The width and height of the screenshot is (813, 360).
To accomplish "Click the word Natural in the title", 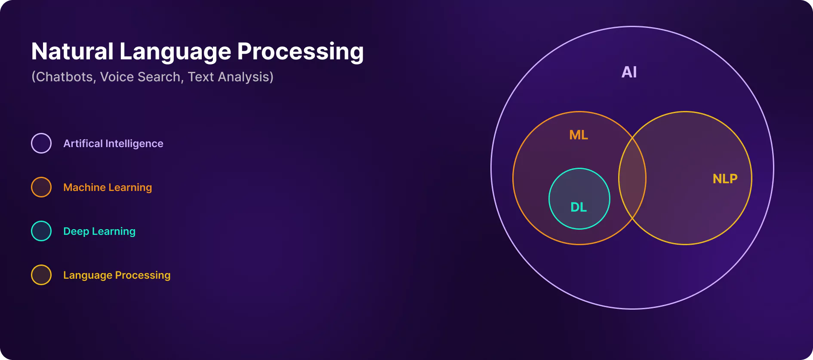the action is (x=72, y=51).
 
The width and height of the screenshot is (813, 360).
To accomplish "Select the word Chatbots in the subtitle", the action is (x=65, y=77).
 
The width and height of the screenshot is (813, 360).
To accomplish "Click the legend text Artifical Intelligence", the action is (x=113, y=144).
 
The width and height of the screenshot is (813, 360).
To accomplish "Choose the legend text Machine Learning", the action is (x=108, y=188).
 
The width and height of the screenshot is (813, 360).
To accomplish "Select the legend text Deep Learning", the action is (x=99, y=231).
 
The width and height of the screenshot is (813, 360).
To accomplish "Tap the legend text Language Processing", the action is (x=117, y=275).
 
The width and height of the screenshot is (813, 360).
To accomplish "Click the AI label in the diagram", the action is (x=629, y=72).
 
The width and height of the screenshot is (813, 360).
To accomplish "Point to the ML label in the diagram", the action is (x=579, y=135).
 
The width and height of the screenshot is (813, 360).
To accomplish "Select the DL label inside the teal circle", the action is (x=579, y=207).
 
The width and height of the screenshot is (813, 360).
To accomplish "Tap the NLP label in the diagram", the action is (x=725, y=178).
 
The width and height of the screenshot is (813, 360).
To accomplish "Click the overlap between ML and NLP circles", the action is (x=632, y=178).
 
